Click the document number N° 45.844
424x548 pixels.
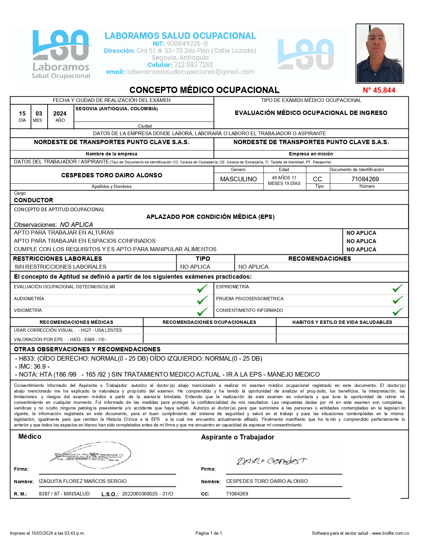[379, 90]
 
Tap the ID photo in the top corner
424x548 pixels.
[379, 53]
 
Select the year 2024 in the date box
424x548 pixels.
[60, 114]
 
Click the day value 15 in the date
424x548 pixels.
[22, 114]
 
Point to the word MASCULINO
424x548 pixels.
[238, 179]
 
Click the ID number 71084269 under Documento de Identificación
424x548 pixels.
[365, 179]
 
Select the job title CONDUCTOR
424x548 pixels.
[34, 200]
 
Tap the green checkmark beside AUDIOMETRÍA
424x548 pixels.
[202, 301]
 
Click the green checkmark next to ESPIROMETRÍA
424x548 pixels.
[397, 288]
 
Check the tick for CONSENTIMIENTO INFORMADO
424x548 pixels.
[397, 312]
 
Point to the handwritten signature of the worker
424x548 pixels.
[271, 461]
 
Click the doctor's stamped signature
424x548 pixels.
[90, 456]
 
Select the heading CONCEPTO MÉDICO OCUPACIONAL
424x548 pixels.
[204, 90]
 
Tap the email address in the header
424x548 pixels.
[191, 72]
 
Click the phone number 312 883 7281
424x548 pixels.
[193, 65]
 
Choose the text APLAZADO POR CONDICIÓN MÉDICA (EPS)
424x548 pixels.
[210, 217]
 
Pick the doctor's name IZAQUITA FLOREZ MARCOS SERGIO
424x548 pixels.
[82, 481]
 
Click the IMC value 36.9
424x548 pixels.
[40, 367]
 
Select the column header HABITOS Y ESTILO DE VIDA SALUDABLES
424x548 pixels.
[342, 322]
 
